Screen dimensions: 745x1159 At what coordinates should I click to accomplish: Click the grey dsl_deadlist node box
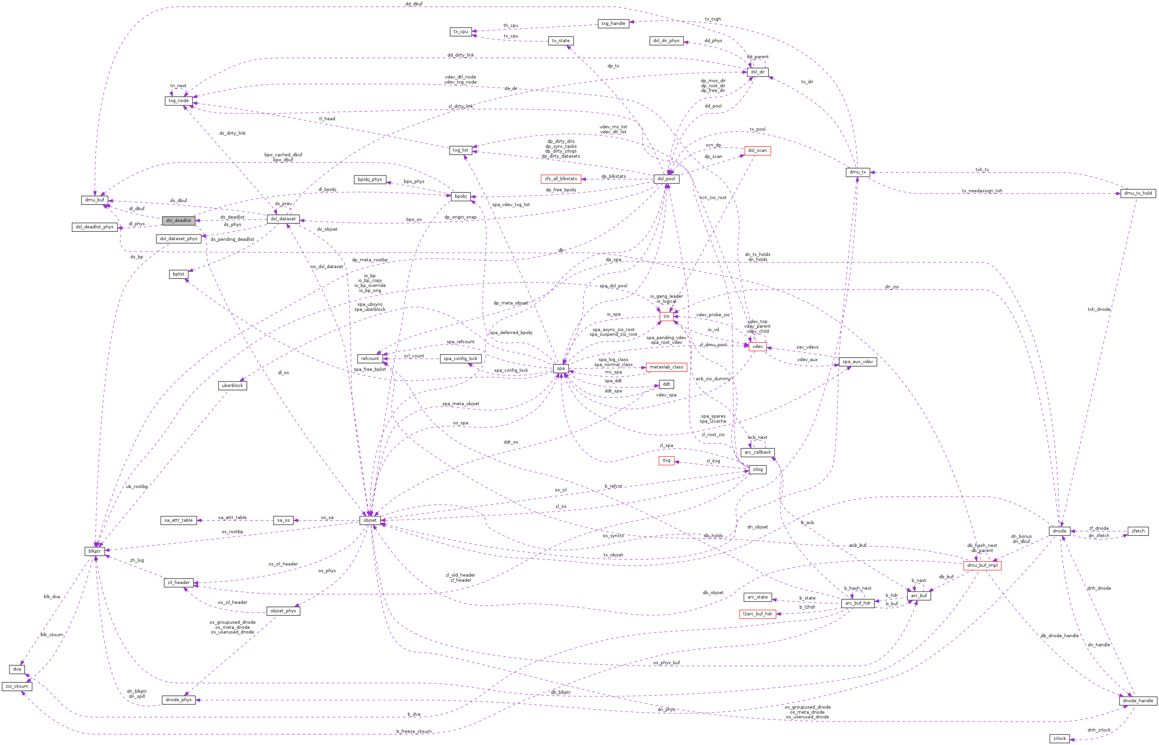click(179, 221)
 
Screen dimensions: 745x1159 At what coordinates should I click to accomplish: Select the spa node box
click(560, 369)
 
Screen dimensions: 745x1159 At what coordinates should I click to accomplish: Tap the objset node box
click(370, 521)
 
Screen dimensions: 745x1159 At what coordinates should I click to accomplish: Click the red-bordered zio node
click(666, 316)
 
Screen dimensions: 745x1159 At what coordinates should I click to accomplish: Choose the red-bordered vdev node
click(757, 346)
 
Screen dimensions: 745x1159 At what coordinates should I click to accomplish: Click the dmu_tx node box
click(857, 172)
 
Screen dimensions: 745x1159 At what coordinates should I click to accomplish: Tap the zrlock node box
click(1059, 739)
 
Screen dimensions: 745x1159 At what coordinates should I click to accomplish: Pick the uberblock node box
click(232, 386)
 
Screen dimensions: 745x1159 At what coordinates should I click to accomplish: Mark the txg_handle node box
click(613, 24)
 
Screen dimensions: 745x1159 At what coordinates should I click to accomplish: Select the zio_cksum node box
click(17, 686)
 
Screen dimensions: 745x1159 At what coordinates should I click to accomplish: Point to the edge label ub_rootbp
click(137, 487)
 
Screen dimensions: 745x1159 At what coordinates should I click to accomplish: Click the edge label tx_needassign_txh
click(982, 191)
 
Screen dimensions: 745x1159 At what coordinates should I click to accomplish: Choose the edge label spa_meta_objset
click(460, 404)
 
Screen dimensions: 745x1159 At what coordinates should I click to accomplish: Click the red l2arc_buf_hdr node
click(757, 614)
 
